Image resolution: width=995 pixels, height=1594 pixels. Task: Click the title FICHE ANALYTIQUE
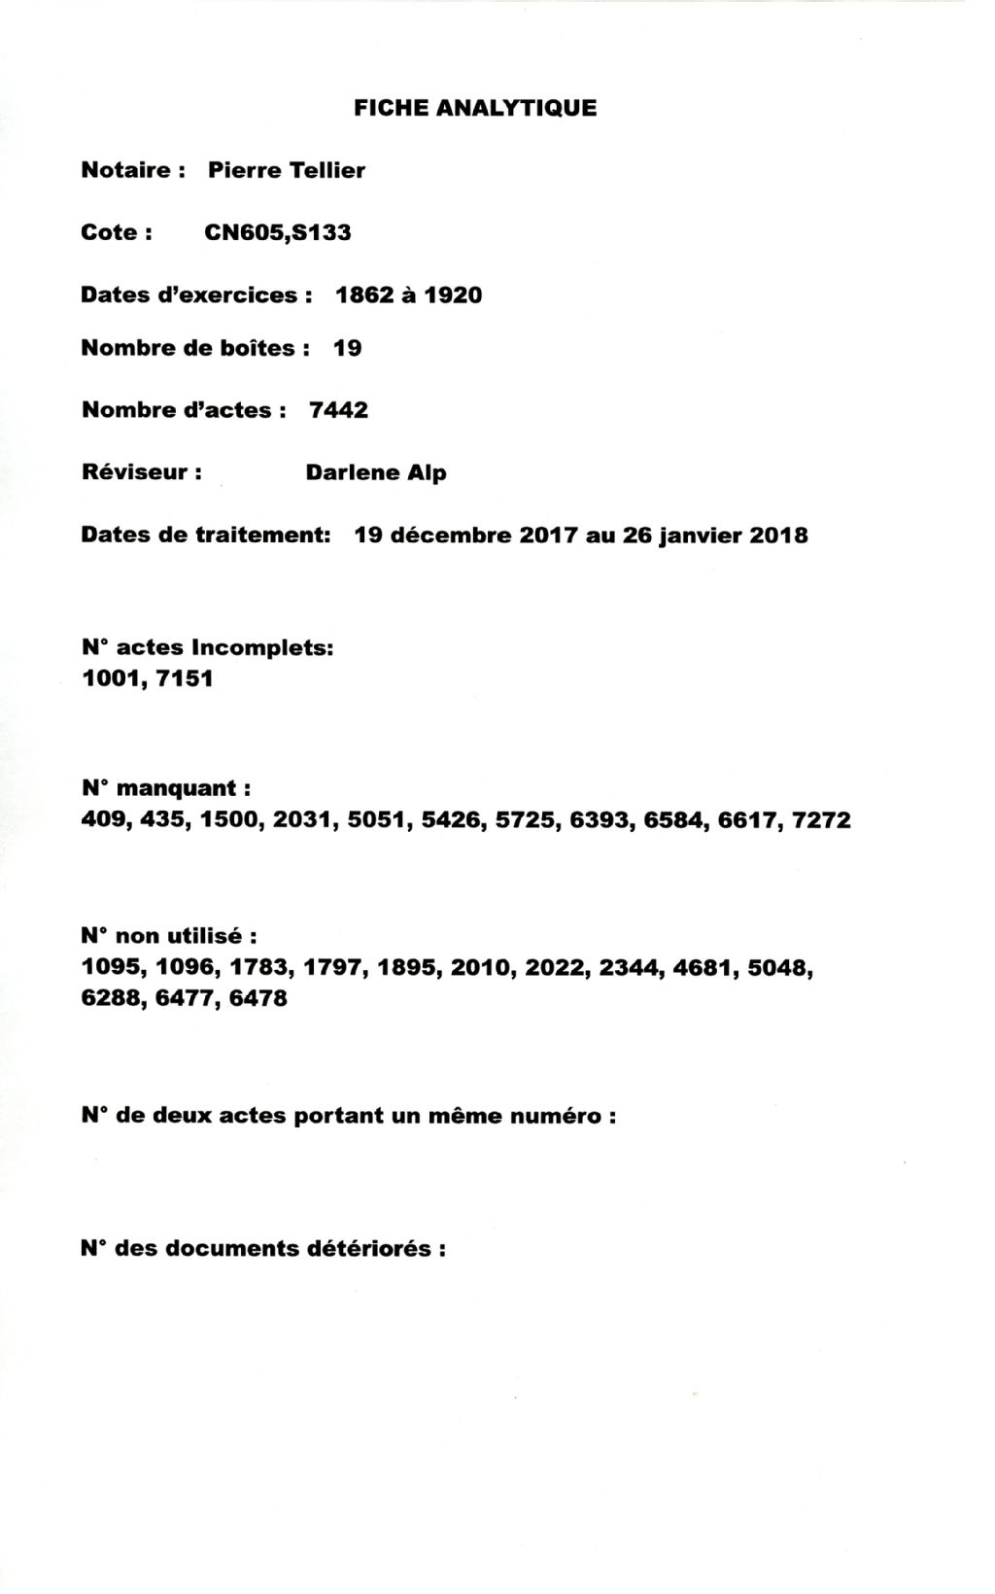point(475,108)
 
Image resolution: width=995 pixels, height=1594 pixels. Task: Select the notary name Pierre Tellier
point(287,171)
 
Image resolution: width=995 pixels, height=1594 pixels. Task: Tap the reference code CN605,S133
point(278,233)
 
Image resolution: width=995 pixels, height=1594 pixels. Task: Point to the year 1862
point(363,295)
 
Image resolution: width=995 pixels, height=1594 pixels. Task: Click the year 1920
point(452,295)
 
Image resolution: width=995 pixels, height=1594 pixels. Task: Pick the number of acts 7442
point(338,410)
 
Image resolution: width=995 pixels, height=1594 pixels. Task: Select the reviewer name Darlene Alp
point(376,473)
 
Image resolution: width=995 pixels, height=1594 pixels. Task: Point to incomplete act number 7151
point(184,678)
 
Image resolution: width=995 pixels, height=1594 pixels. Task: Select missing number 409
point(104,820)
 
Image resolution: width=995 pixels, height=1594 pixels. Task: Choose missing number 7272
point(821,820)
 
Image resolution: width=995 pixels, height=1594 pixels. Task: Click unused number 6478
point(258,998)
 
